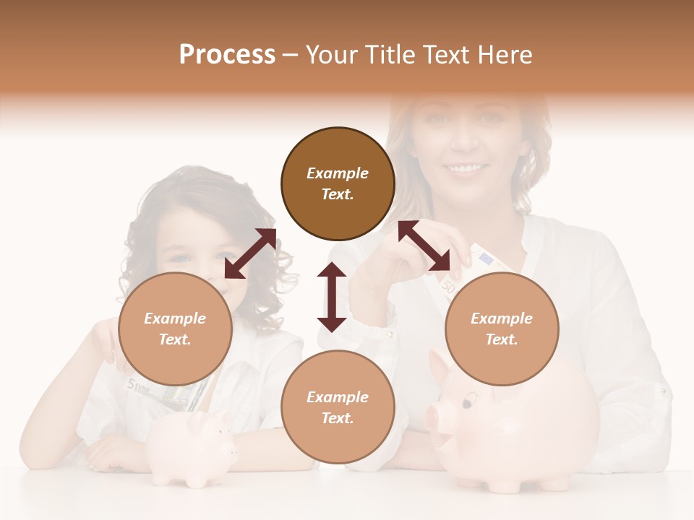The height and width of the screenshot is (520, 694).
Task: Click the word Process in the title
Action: tap(227, 55)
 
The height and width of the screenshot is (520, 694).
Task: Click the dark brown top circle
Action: tap(338, 184)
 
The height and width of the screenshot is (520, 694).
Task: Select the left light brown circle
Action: tap(175, 329)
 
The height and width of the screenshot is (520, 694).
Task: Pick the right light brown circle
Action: tap(502, 329)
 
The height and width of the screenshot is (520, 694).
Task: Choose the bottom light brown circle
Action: tap(338, 407)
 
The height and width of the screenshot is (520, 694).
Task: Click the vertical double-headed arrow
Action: tap(332, 297)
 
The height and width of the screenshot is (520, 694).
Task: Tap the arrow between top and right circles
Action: tap(424, 246)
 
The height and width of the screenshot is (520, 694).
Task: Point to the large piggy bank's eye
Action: tap(470, 396)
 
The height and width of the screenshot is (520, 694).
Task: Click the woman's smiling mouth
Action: tap(466, 169)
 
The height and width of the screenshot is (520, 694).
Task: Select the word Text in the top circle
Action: tap(338, 195)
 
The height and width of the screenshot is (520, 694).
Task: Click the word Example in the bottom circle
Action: tap(338, 396)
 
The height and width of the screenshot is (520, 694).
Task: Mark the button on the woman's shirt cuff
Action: tap(389, 334)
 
